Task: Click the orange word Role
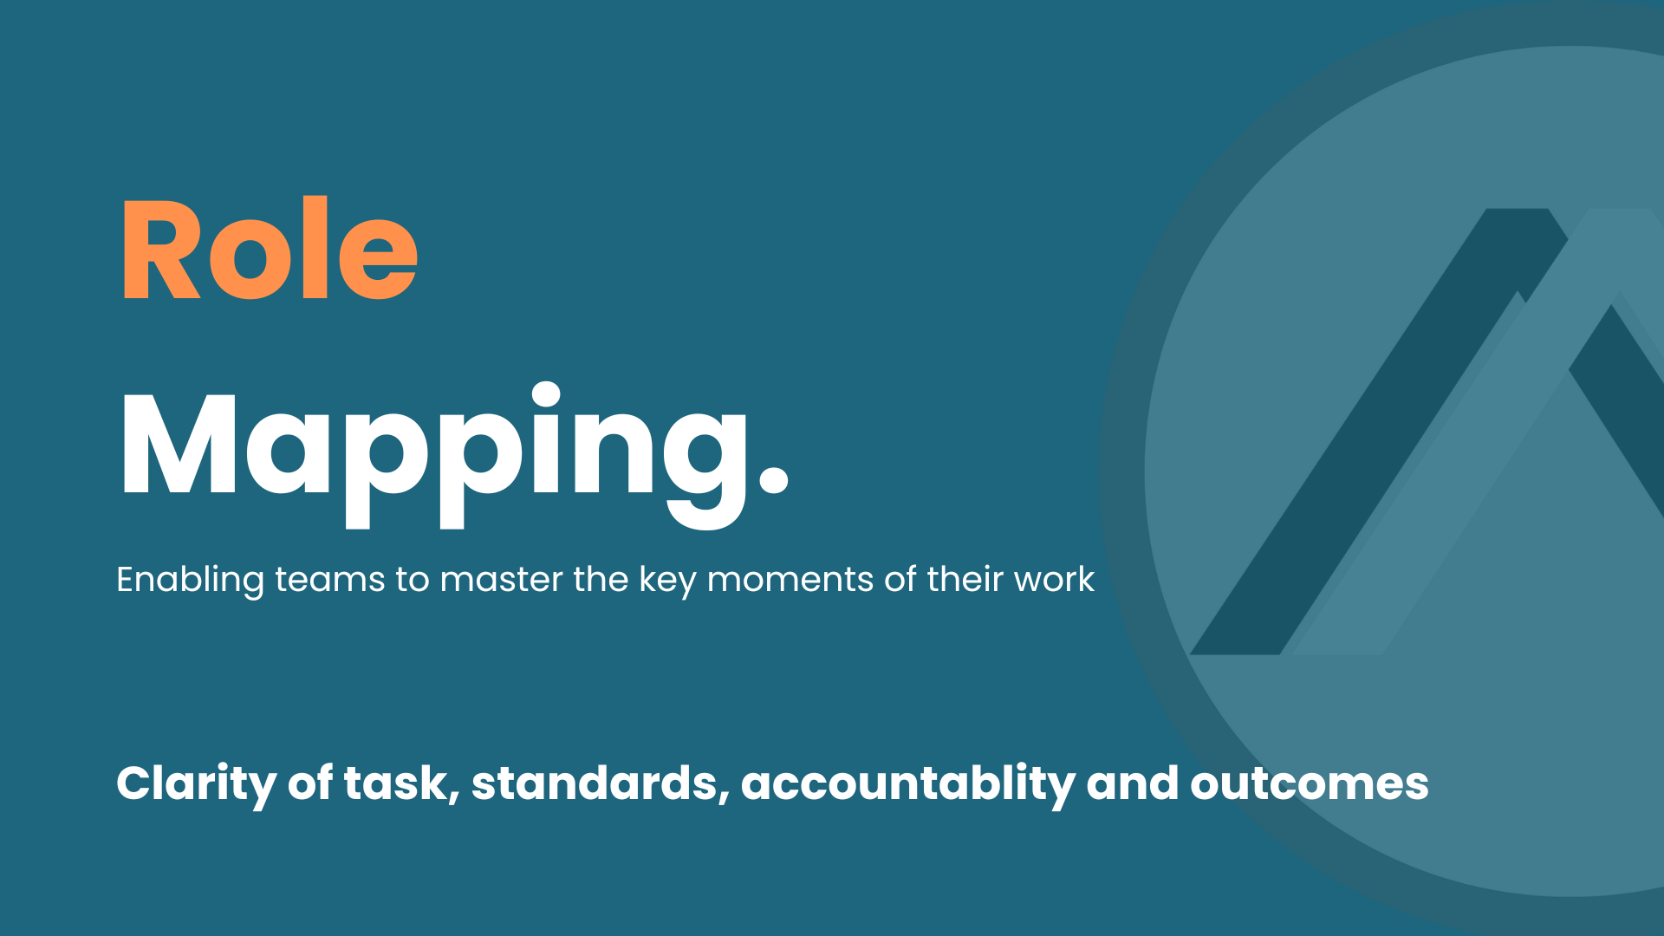(x=270, y=249)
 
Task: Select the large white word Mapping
(x=454, y=455)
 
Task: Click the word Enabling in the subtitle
(x=190, y=580)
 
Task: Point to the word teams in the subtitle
(x=329, y=580)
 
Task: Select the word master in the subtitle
(x=501, y=580)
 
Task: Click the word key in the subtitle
(x=667, y=580)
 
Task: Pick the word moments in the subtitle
(x=790, y=580)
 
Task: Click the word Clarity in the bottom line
(x=196, y=784)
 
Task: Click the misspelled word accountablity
(x=907, y=784)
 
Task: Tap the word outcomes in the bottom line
(x=1310, y=784)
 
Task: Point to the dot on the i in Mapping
(x=546, y=394)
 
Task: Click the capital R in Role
(x=162, y=250)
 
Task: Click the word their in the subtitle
(x=965, y=580)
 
